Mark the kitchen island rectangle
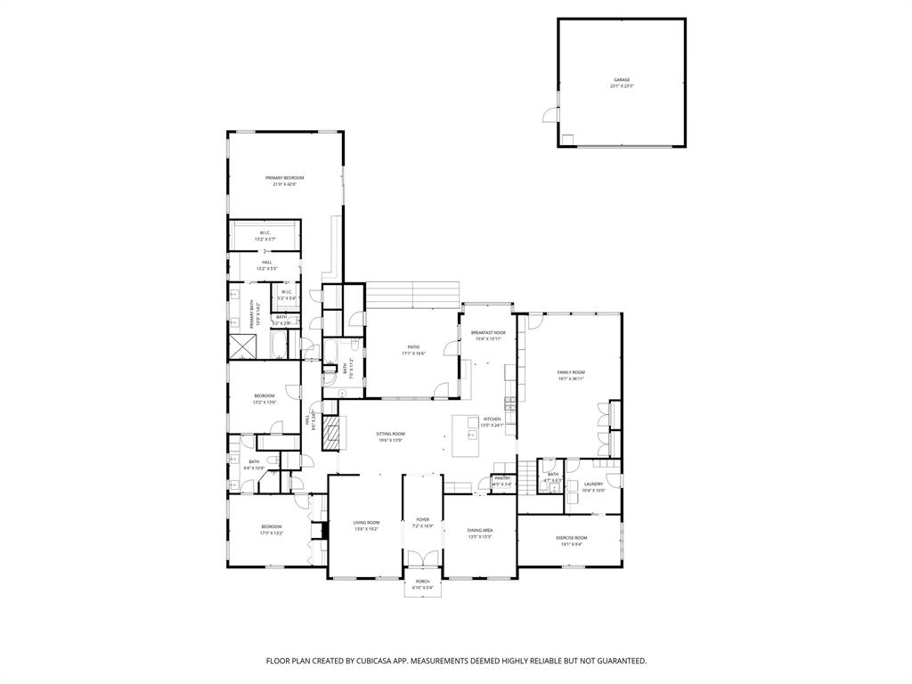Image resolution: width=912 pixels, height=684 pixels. tap(466, 430)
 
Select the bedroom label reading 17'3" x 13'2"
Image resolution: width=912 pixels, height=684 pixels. tap(271, 529)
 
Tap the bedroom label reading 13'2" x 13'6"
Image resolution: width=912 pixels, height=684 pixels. tap(264, 399)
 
